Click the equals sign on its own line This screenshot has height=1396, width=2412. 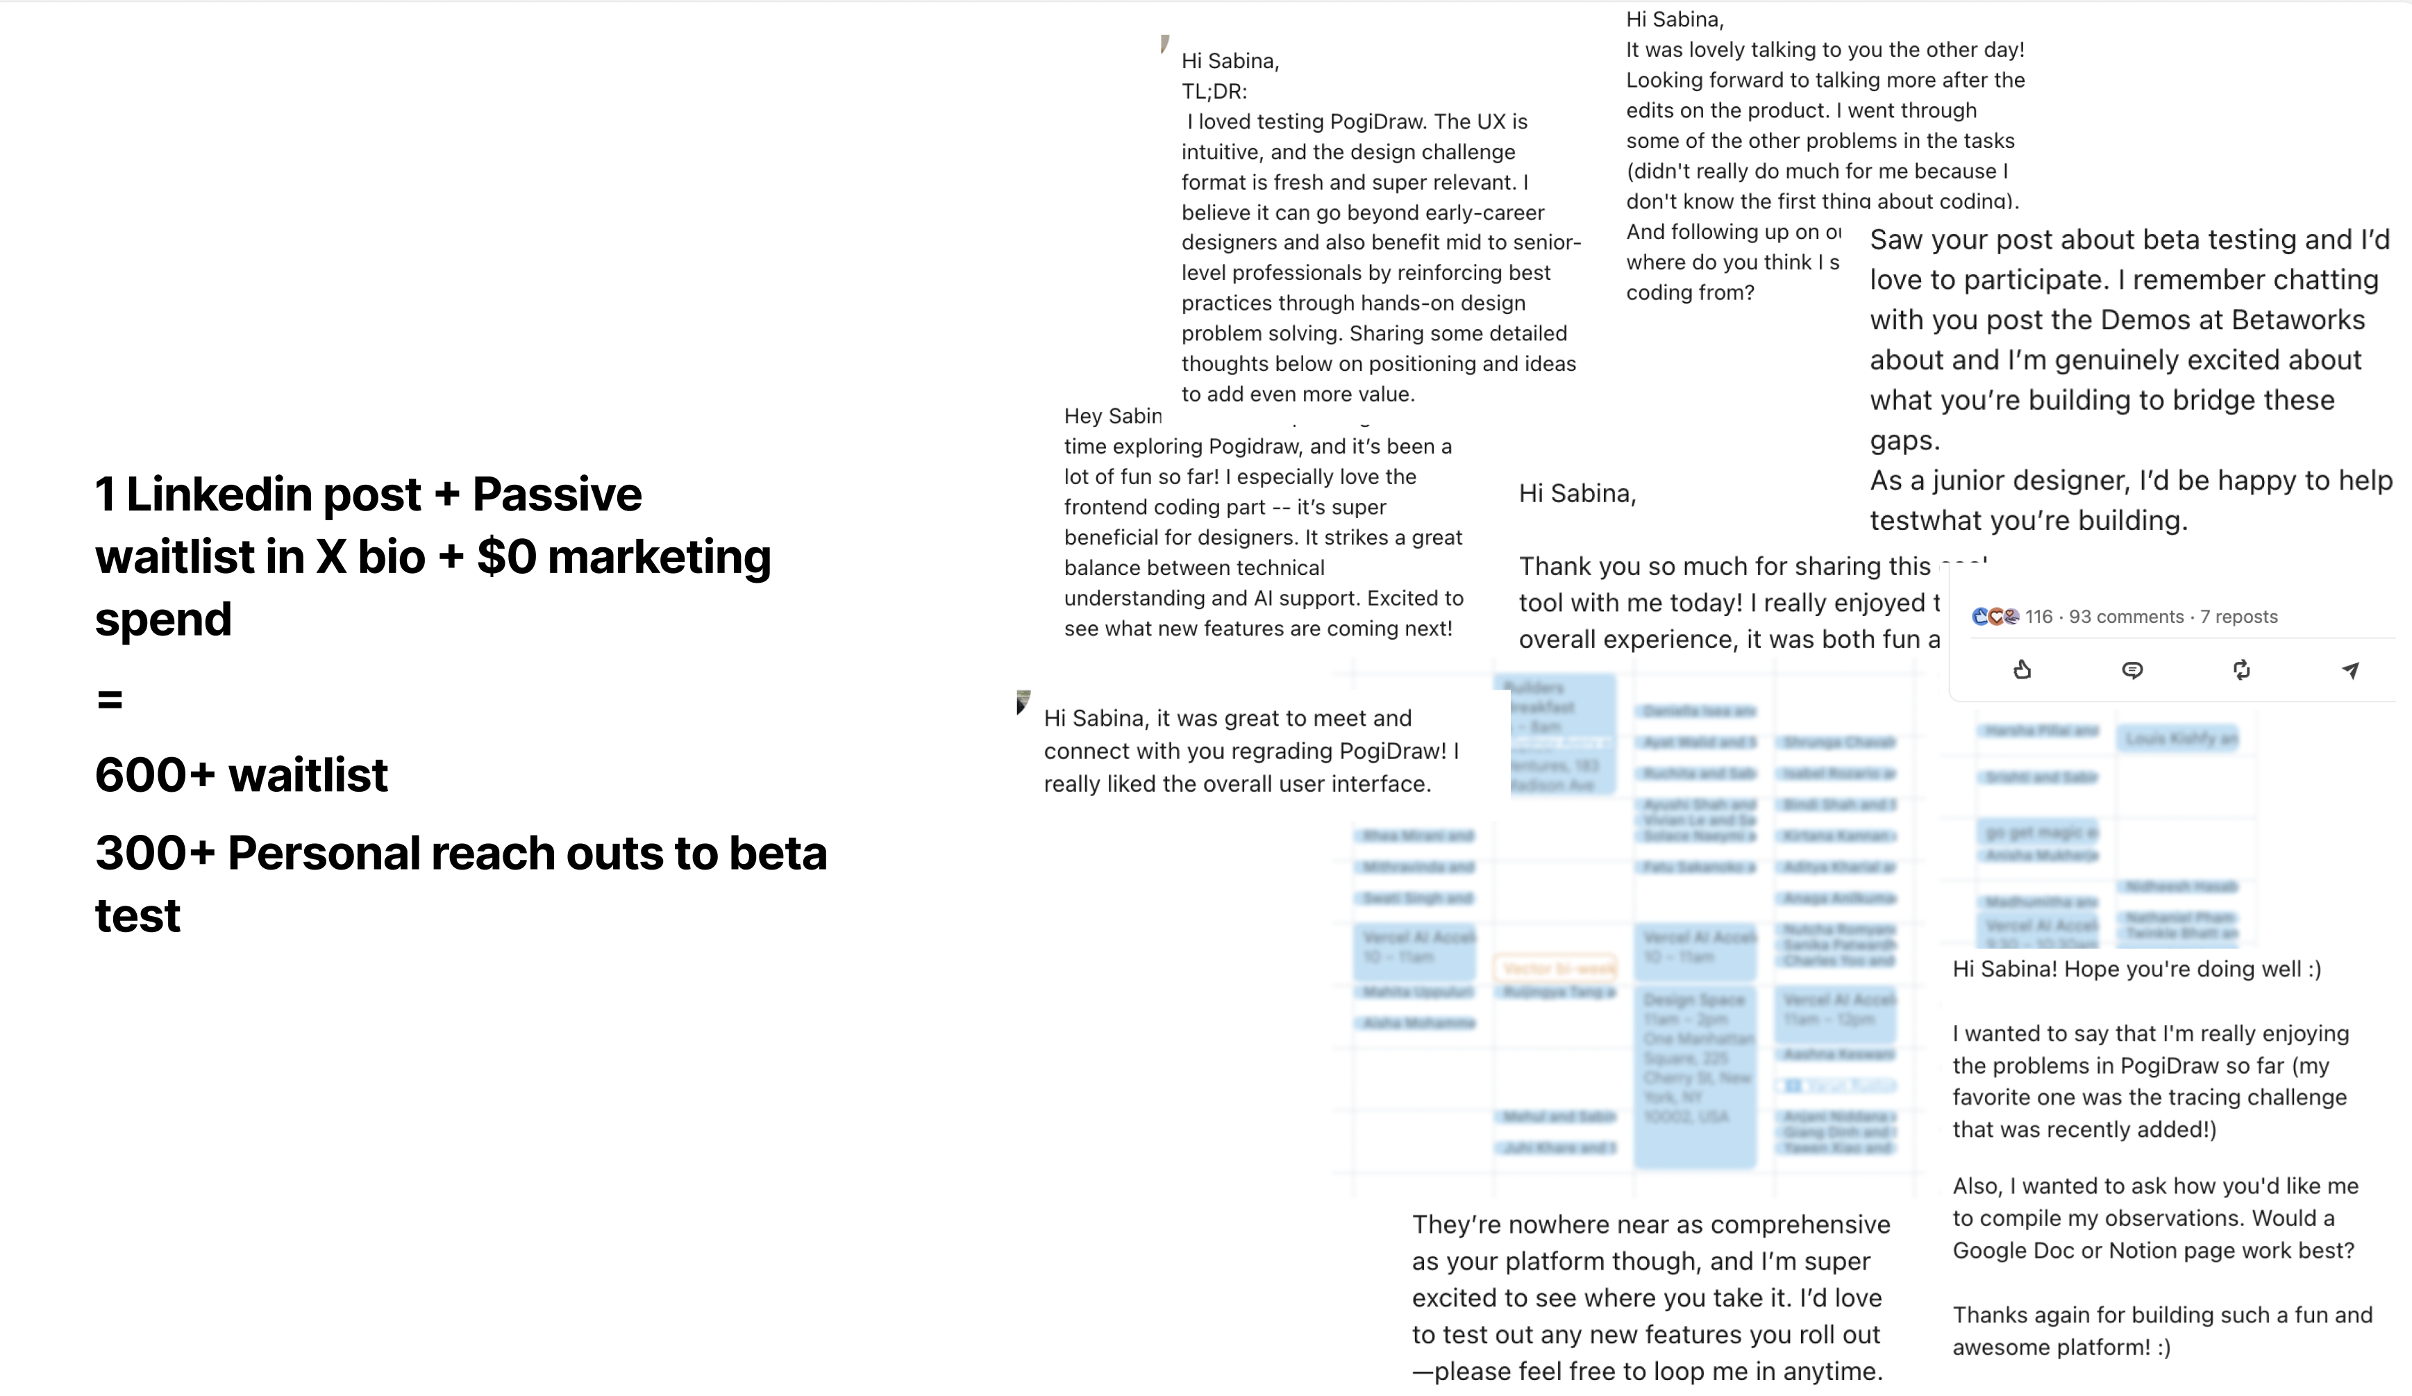[x=110, y=700]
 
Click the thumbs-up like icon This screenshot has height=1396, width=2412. [x=2022, y=670]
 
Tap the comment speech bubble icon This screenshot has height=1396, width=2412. [x=2132, y=670]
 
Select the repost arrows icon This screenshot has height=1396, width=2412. [x=2241, y=670]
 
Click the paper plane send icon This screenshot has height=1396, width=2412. [x=2350, y=670]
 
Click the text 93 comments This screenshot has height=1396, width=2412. [x=2126, y=617]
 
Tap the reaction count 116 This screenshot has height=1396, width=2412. [x=2038, y=617]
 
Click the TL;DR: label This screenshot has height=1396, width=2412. [x=1214, y=91]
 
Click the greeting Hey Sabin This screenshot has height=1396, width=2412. [x=1112, y=415]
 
